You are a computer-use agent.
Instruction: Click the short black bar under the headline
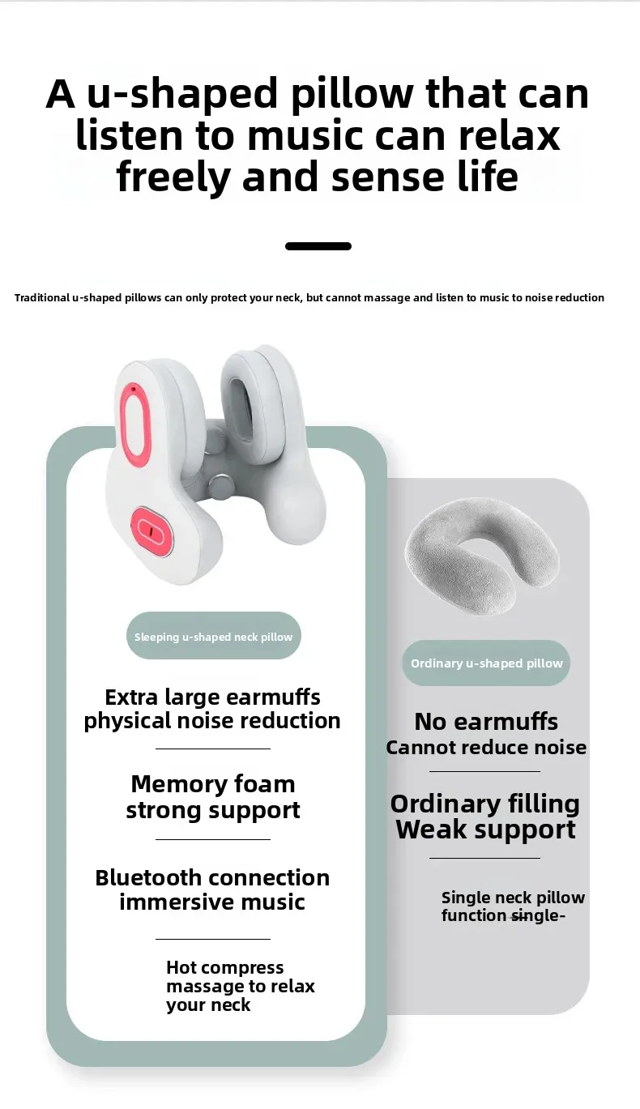[x=318, y=246]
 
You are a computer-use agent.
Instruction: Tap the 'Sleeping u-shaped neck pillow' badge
[x=214, y=637]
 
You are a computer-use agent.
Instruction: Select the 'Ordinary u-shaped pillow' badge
[x=486, y=663]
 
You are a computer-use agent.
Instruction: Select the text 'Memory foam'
[x=213, y=784]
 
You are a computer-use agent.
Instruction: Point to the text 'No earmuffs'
[x=486, y=721]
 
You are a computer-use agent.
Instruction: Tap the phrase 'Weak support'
[x=486, y=830]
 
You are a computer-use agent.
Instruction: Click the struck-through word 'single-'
[x=539, y=916]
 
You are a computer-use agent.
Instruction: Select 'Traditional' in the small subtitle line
[x=41, y=298]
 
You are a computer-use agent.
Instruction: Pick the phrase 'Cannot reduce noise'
[x=486, y=748]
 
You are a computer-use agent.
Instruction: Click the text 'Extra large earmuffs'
[x=213, y=697]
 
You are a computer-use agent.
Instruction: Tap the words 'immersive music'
[x=213, y=902]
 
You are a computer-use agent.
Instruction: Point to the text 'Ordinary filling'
[x=485, y=804]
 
